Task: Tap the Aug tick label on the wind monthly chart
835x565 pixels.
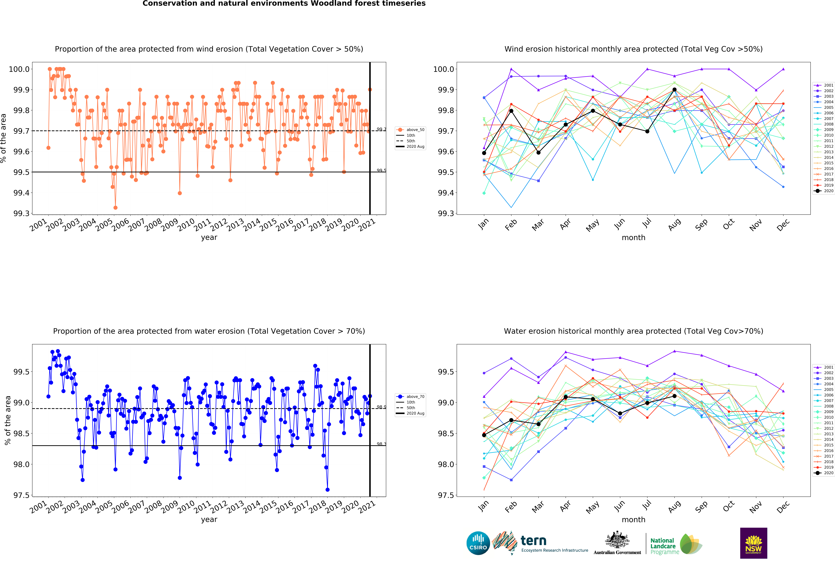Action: click(674, 224)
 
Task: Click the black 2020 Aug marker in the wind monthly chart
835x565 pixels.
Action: click(674, 90)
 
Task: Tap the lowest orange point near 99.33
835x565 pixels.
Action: click(115, 208)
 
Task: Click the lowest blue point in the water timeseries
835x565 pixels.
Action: click(327, 489)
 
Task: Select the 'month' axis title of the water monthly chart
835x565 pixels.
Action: click(633, 519)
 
